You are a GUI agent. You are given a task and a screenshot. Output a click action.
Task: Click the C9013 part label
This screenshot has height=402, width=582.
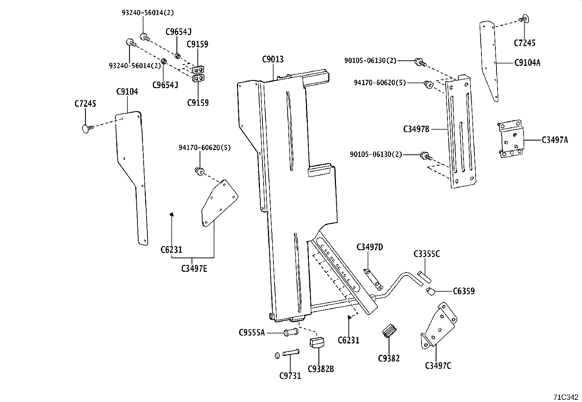click(x=273, y=59)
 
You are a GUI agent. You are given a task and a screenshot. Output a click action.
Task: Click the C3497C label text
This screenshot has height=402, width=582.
click(x=438, y=365)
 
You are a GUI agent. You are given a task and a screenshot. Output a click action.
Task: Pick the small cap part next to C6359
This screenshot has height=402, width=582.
click(x=430, y=292)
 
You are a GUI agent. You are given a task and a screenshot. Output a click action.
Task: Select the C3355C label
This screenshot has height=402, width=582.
click(x=427, y=254)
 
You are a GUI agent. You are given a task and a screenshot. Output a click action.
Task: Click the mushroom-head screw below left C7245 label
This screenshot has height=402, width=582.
click(x=86, y=128)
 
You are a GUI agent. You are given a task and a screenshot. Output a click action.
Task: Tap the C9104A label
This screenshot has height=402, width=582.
click(x=527, y=63)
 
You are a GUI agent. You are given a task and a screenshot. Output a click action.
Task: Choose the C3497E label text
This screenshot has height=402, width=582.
click(x=194, y=269)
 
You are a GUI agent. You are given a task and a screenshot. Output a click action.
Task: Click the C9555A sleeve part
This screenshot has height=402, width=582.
click(x=291, y=333)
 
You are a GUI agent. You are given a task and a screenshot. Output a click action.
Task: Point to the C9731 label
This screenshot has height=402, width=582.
click(x=290, y=375)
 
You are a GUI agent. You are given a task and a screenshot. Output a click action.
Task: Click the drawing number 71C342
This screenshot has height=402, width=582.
click(x=566, y=397)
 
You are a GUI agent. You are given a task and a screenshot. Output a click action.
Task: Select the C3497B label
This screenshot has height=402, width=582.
click(x=416, y=129)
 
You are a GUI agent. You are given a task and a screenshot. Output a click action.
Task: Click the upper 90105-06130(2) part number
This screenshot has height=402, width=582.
click(x=370, y=60)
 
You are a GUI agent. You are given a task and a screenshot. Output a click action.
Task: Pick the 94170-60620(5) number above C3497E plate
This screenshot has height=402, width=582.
click(x=204, y=148)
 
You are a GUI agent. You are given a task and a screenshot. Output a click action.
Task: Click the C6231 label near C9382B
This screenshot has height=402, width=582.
click(x=348, y=340)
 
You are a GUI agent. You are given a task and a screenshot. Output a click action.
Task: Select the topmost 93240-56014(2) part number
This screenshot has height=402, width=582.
click(x=148, y=13)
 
